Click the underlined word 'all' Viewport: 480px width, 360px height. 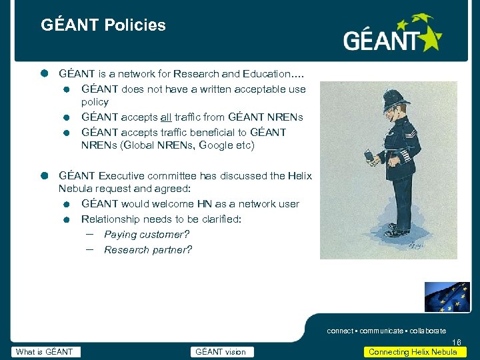(167, 117)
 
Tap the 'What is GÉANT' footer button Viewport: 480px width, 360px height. (45, 352)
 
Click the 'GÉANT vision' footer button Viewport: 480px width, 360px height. (220, 352)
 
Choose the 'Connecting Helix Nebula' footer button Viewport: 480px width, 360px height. (413, 352)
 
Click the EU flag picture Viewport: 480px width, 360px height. (447, 297)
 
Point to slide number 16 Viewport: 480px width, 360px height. (456, 343)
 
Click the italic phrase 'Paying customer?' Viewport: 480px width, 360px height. (147, 235)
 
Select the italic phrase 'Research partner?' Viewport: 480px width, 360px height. (148, 250)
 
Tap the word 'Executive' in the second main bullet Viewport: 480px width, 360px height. (121, 176)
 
